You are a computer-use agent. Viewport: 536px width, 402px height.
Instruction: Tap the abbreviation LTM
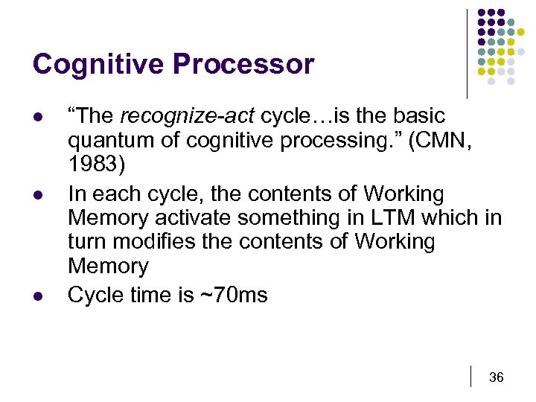[x=394, y=218]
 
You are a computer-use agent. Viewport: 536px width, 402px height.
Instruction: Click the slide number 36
[x=496, y=377]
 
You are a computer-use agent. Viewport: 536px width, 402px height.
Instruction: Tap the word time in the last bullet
[x=150, y=295]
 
